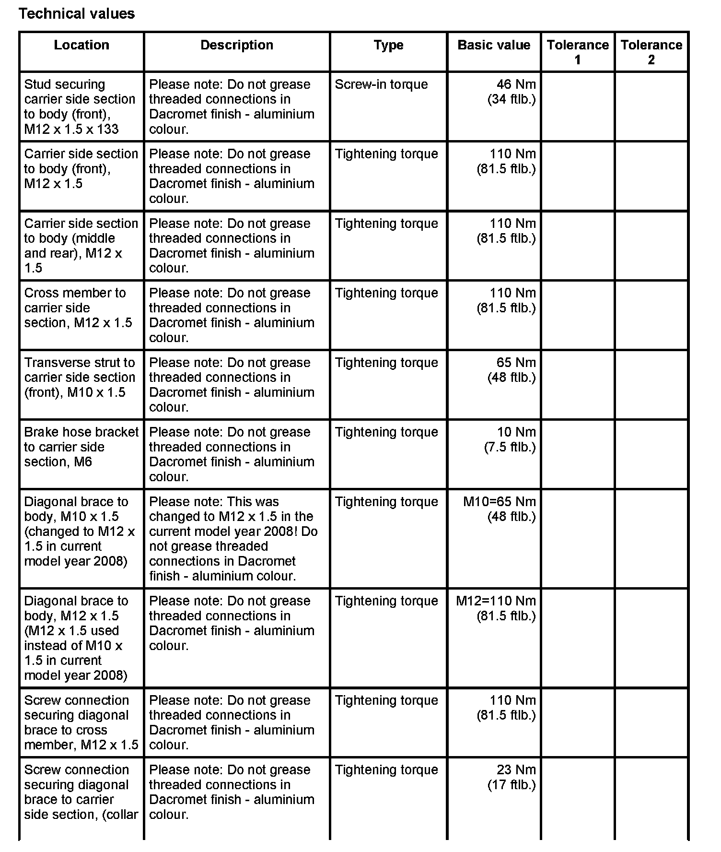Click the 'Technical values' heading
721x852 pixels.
point(77,13)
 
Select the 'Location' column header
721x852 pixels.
point(81,45)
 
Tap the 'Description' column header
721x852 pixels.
point(237,45)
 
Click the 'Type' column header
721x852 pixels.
point(388,45)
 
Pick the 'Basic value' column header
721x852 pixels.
point(494,45)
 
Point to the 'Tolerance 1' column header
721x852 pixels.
point(578,52)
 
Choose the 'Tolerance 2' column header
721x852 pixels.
point(651,52)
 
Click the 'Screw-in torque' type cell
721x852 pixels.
point(381,84)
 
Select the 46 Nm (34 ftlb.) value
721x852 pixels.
point(512,92)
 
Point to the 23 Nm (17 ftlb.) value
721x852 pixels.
point(512,777)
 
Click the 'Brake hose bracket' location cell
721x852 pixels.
point(81,447)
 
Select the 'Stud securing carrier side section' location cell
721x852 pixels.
point(80,106)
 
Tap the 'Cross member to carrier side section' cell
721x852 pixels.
point(78,308)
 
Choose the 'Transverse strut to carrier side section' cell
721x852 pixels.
point(80,377)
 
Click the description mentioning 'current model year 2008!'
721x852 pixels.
point(233,539)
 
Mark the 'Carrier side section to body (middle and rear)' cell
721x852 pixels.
point(81,245)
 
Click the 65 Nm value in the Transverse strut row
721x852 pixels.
point(512,370)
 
